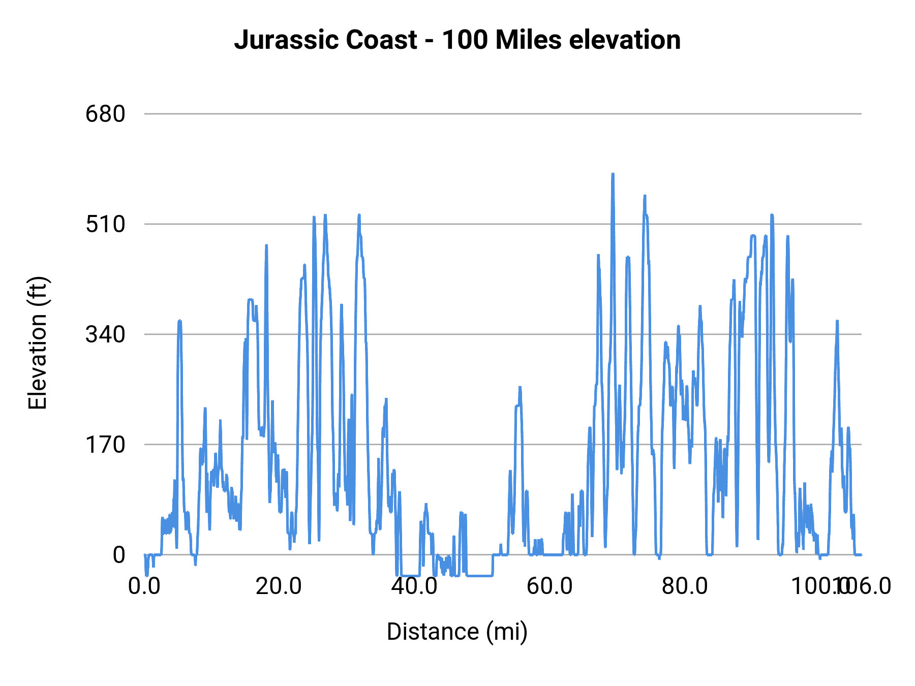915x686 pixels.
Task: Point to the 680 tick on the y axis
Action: (105, 114)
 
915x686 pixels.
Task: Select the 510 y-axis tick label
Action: (105, 224)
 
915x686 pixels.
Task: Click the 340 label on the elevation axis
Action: (105, 334)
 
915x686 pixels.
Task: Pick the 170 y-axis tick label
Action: (105, 445)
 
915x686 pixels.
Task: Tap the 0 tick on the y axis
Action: (118, 555)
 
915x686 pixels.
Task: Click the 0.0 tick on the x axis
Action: (144, 586)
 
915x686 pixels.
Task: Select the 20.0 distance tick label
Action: (279, 586)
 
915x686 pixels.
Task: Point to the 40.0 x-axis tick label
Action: (414, 586)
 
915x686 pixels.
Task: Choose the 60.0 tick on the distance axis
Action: (550, 586)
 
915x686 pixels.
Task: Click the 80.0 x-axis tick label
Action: (685, 586)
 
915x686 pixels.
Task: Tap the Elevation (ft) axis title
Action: (38, 343)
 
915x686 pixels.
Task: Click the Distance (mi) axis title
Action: (457, 632)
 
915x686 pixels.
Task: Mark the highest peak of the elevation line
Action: (613, 175)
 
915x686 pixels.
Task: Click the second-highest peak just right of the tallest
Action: (645, 196)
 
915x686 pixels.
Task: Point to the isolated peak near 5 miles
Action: (179, 321)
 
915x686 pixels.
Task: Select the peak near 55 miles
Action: (520, 388)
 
